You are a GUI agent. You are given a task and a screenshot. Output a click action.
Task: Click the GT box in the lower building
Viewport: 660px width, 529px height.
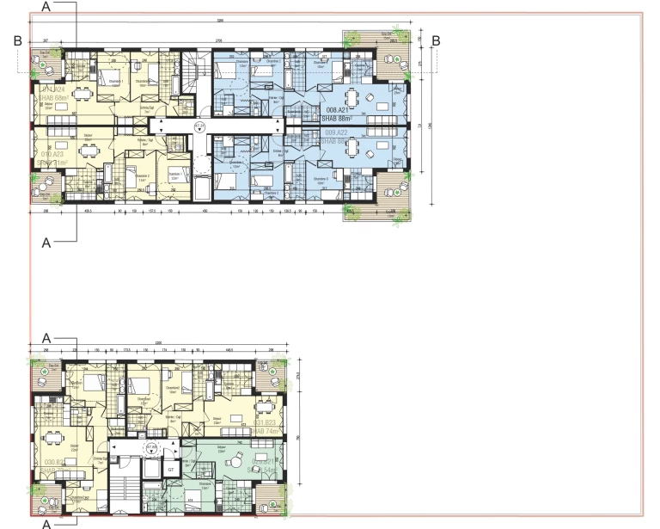tap(170, 470)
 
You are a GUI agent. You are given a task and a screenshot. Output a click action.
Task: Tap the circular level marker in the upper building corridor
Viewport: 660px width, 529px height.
tap(199, 127)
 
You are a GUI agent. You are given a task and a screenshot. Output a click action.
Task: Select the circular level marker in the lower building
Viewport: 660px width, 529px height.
tap(151, 449)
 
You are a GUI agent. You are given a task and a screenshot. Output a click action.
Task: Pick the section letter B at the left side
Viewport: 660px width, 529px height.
tap(17, 40)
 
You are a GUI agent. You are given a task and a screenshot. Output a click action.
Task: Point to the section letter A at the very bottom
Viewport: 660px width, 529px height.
tap(48, 521)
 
